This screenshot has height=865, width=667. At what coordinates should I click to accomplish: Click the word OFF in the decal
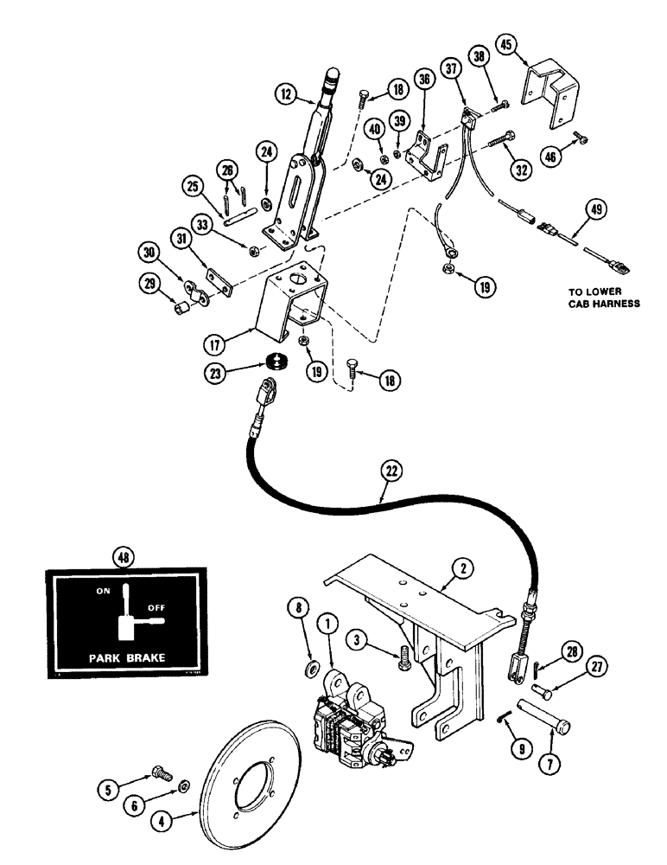(x=156, y=608)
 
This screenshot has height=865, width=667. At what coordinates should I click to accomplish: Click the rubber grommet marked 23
(x=276, y=362)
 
